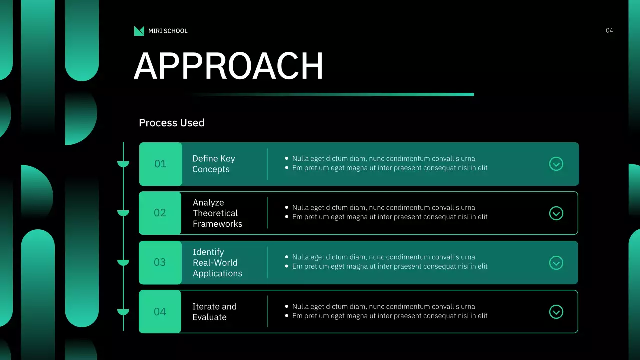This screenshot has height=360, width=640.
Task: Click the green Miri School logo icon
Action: pyautogui.click(x=139, y=31)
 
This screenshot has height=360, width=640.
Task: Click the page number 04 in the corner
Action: pyautogui.click(x=609, y=30)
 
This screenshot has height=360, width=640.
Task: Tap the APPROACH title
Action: pyautogui.click(x=228, y=66)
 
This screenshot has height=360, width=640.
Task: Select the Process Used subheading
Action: pyautogui.click(x=171, y=123)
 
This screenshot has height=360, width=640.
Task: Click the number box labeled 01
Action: pyautogui.click(x=161, y=164)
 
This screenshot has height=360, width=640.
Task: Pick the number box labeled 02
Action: pyautogui.click(x=160, y=213)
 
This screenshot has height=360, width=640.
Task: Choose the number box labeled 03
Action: pyautogui.click(x=160, y=262)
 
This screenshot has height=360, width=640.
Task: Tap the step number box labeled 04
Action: pyautogui.click(x=160, y=311)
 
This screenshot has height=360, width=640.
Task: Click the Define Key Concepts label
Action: pyautogui.click(x=213, y=164)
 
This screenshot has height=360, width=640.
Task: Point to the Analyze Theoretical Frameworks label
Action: pyautogui.click(x=217, y=213)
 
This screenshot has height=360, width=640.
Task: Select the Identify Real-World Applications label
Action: pyautogui.click(x=217, y=263)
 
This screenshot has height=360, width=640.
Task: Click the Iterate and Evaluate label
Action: pyautogui.click(x=214, y=312)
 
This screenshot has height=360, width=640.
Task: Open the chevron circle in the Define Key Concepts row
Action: pyautogui.click(x=556, y=164)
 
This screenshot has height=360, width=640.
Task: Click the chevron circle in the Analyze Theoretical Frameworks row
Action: pyautogui.click(x=556, y=213)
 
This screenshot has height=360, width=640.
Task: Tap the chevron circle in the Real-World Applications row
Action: pyautogui.click(x=556, y=263)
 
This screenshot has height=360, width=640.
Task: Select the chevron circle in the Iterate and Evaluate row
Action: pyautogui.click(x=556, y=312)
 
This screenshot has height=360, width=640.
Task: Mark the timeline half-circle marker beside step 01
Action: pyautogui.click(x=123, y=164)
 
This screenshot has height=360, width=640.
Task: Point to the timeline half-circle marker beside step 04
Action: pyautogui.click(x=123, y=312)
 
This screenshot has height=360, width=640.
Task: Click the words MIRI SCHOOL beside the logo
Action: pyautogui.click(x=168, y=31)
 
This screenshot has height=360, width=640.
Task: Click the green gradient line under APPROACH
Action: pyautogui.click(x=331, y=94)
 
